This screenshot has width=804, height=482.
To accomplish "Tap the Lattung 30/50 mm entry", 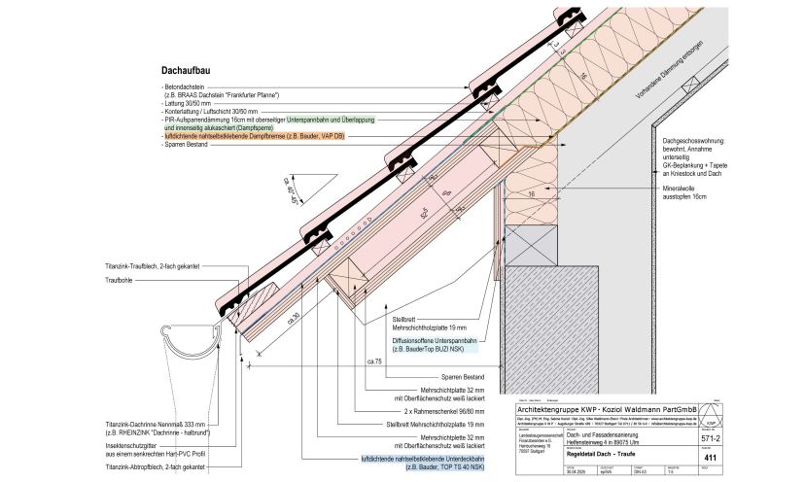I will point(194,103).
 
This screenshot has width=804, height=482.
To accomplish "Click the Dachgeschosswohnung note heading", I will point(712,142).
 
